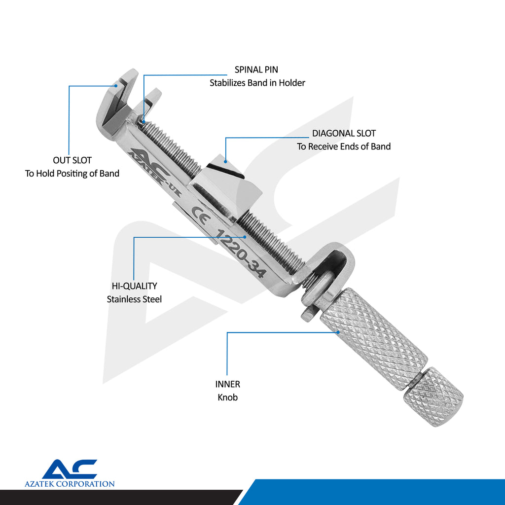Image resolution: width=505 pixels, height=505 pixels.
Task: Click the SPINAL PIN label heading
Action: tap(256, 70)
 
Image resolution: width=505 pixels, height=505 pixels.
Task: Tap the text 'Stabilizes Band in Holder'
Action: tap(257, 83)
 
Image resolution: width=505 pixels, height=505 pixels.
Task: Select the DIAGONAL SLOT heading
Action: tap(344, 133)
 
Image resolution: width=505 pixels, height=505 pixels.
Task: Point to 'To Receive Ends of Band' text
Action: tap(344, 146)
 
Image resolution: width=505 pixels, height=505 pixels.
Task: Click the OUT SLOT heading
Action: tap(72, 160)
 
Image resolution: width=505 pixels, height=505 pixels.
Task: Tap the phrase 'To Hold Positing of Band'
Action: tap(72, 173)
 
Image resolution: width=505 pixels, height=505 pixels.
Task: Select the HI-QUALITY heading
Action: tap(134, 286)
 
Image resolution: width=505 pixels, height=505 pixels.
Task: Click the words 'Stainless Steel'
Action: tap(134, 299)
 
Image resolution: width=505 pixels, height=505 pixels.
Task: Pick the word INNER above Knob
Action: tap(227, 384)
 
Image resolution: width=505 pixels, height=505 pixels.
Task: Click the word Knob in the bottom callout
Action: tap(227, 397)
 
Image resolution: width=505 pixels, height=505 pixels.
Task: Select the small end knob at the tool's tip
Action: tap(433, 397)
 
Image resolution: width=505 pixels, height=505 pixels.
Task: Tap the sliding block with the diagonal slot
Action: tap(226, 187)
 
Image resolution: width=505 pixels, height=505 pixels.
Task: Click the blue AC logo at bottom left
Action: tap(70, 469)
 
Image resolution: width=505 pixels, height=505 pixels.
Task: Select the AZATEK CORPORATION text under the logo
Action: tap(70, 484)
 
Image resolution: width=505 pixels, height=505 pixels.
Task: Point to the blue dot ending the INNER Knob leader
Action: tap(338, 332)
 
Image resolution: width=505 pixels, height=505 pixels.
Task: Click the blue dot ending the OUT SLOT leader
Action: tap(116, 86)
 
